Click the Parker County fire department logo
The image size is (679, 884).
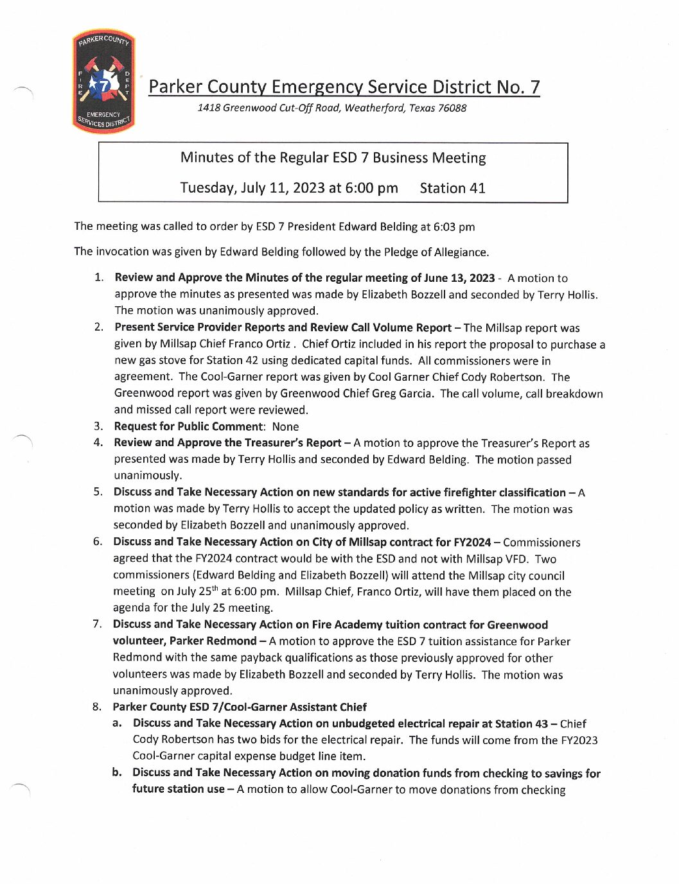pyautogui.click(x=103, y=82)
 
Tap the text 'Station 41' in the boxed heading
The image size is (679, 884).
pyautogui.click(x=452, y=188)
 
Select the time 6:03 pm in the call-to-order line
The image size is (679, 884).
pyautogui.click(x=454, y=227)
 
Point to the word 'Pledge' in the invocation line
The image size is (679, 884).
pyautogui.click(x=403, y=252)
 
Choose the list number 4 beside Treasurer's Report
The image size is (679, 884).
pyautogui.click(x=98, y=442)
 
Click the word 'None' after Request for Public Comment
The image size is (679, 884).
pyautogui.click(x=285, y=427)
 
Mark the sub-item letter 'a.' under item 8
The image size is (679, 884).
pyautogui.click(x=117, y=724)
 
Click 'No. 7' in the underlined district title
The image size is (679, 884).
pyautogui.click(x=520, y=87)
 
